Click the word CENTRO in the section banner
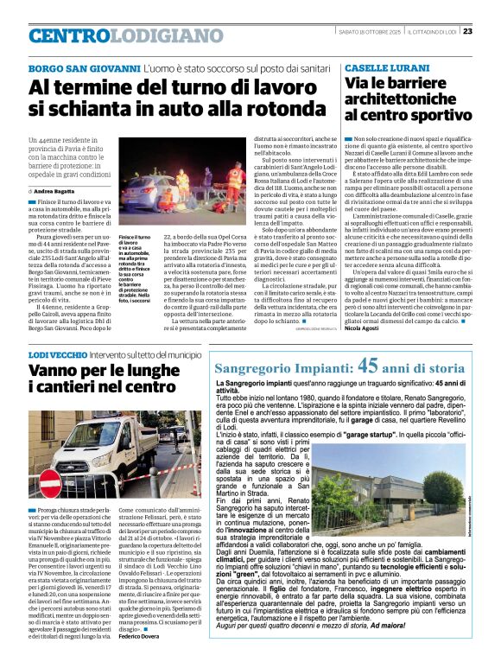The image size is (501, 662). point(70,36)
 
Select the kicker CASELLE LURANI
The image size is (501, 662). point(377,67)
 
